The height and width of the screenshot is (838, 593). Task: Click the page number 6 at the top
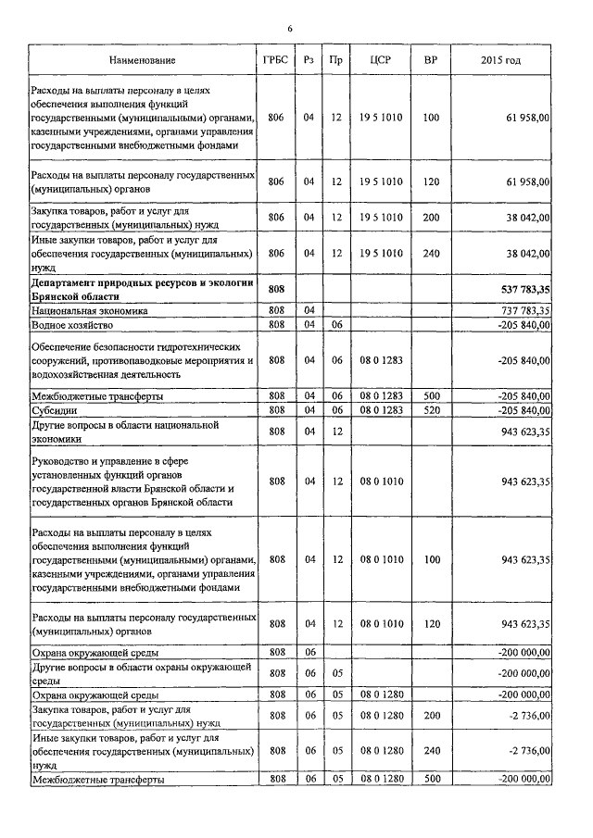click(x=290, y=30)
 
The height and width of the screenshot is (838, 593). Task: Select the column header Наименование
click(x=142, y=61)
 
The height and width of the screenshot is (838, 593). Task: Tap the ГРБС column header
click(x=275, y=61)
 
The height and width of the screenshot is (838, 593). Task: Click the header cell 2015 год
click(x=500, y=61)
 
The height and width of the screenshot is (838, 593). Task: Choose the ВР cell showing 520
click(x=430, y=409)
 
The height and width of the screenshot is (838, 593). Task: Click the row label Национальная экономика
click(x=91, y=311)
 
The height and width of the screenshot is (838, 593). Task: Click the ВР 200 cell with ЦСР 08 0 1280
click(x=430, y=715)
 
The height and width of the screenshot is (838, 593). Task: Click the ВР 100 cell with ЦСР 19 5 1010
click(x=430, y=119)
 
